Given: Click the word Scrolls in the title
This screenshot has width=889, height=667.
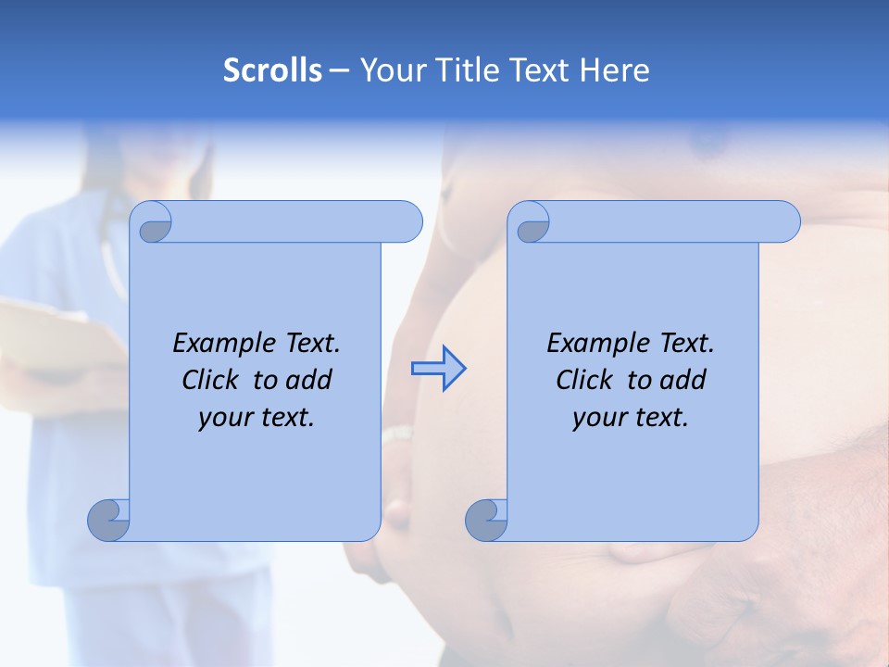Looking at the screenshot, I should point(272,69).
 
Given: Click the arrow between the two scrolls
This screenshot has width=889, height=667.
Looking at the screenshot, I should point(438,369).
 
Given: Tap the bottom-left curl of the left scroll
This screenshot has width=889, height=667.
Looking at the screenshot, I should point(109,521).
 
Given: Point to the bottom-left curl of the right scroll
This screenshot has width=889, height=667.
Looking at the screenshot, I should point(486,521).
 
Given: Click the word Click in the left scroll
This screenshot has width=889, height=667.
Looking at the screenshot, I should point(211,380).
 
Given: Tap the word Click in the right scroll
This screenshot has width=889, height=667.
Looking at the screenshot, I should point(585,380).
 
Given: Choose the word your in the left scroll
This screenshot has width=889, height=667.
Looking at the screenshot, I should point(223,418).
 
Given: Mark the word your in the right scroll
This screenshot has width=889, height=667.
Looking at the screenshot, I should point(597,418).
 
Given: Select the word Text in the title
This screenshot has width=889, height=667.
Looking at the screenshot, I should point(540,69).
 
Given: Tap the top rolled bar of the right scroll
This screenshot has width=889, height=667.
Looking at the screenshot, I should point(667,221).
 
